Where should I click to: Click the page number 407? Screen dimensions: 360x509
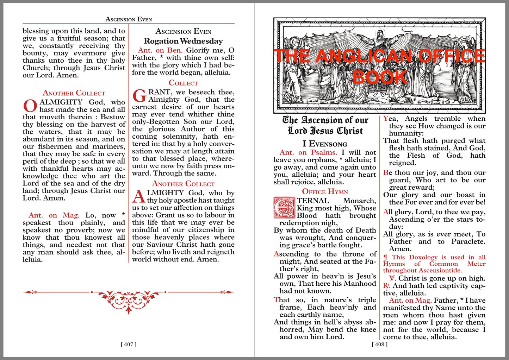[x=129, y=344]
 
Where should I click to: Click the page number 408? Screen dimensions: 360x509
[x=379, y=344]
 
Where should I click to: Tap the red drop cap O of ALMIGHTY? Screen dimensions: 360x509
[x=30, y=106]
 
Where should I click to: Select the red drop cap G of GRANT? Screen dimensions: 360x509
[x=139, y=96]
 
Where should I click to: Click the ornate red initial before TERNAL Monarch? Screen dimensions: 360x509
[x=284, y=208]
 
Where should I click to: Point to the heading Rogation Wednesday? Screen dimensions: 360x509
[x=183, y=41]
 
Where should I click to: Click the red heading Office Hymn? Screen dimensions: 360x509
[x=325, y=192]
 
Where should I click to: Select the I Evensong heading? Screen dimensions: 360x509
[x=325, y=144]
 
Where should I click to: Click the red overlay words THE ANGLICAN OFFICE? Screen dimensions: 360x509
[x=379, y=56]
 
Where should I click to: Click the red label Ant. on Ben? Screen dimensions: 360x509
[x=160, y=50]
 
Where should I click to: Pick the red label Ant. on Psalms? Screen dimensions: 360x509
[x=308, y=152]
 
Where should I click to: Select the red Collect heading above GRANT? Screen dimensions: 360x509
[x=183, y=83]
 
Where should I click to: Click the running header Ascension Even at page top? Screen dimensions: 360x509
[x=129, y=19]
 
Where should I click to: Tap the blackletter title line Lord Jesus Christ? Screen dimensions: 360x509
[x=325, y=131]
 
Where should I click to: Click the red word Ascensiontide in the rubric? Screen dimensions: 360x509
[x=440, y=270]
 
